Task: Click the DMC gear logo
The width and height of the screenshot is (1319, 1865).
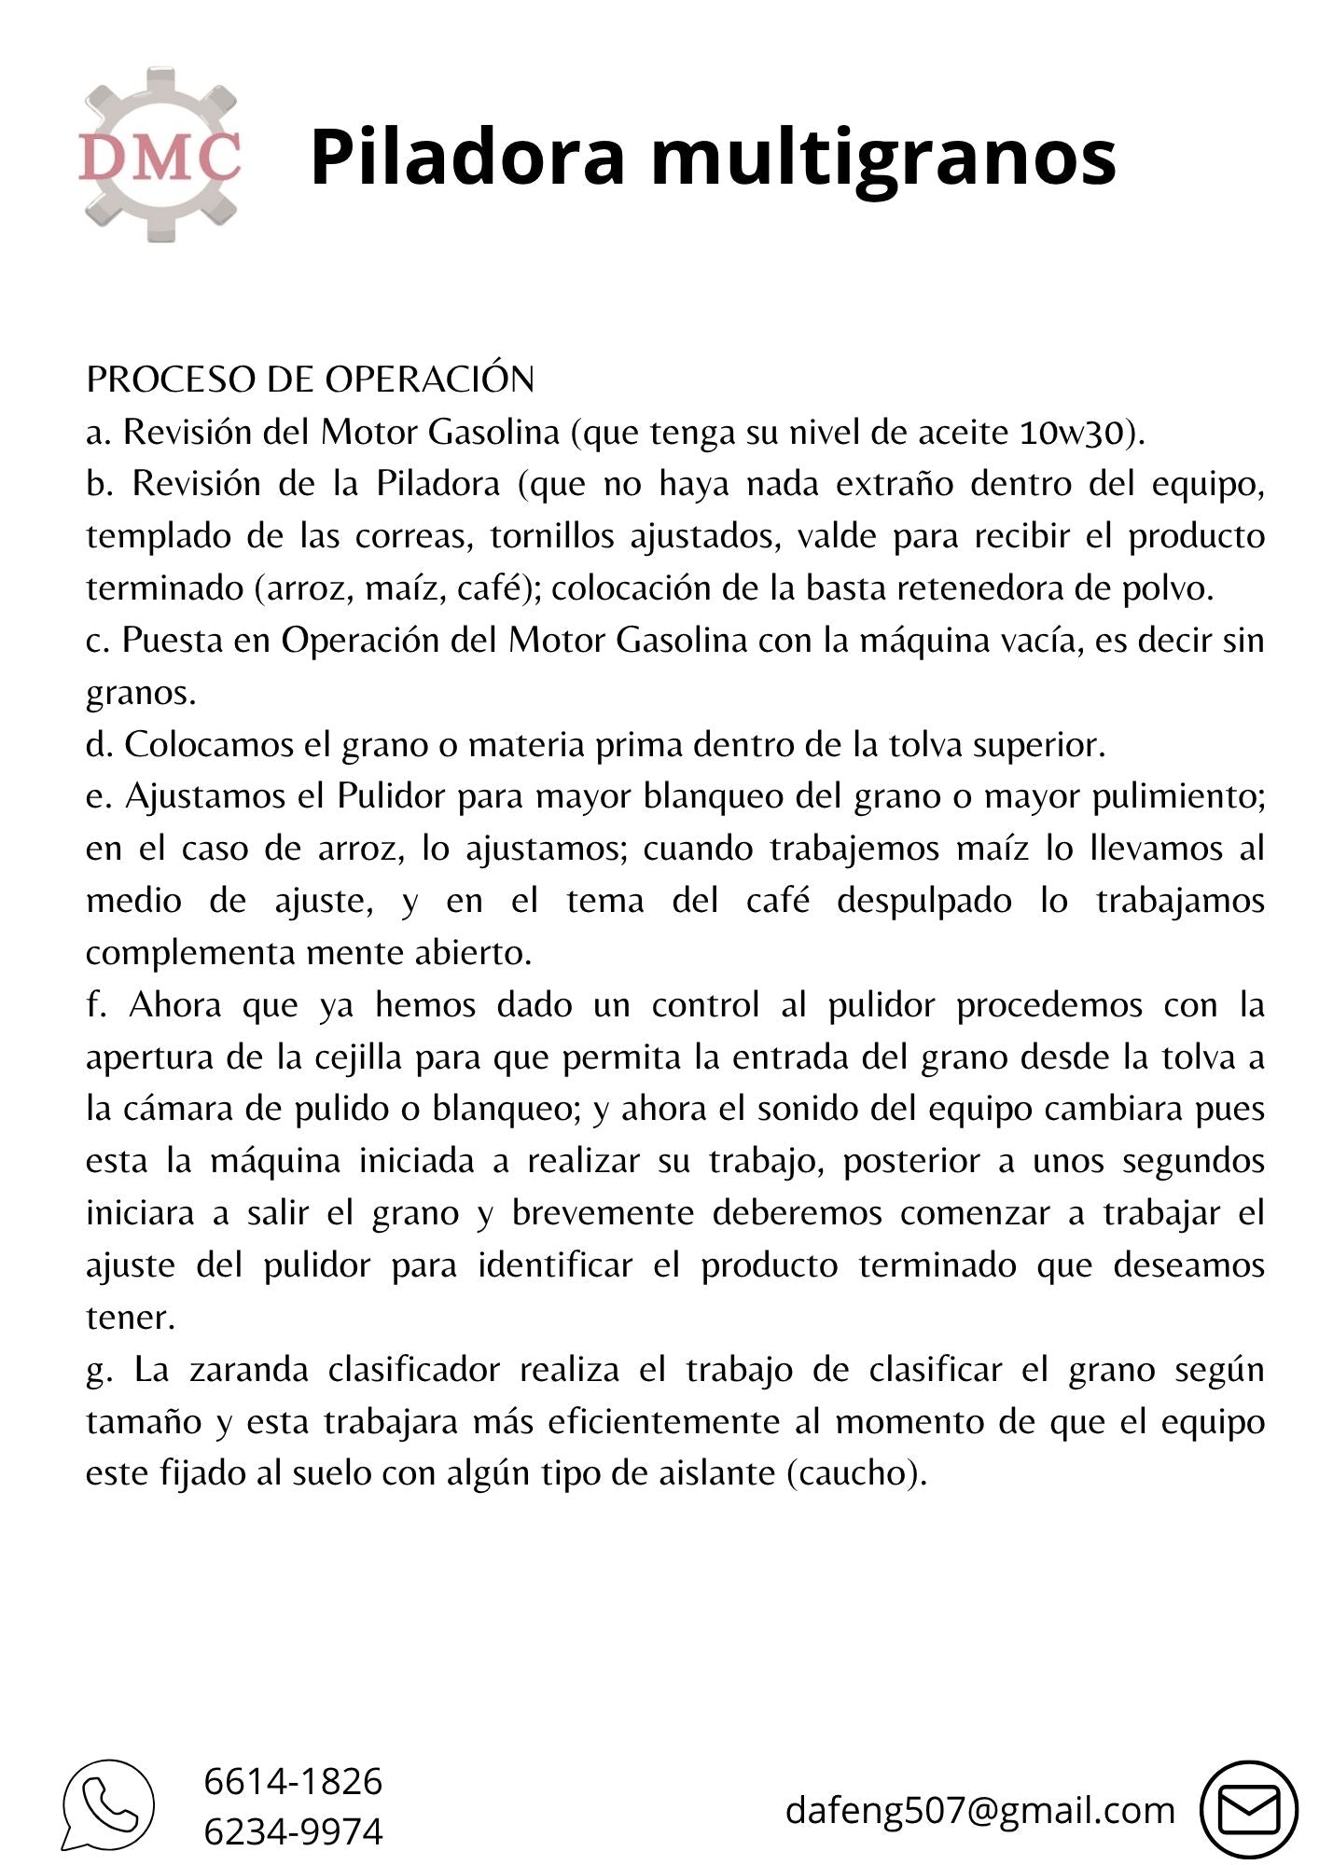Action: [160, 155]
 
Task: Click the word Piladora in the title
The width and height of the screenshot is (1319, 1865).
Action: [466, 156]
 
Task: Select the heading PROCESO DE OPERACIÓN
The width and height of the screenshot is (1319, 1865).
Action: [310, 379]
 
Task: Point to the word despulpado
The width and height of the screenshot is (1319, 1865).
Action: [923, 901]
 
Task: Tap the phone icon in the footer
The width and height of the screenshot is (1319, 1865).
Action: [109, 1805]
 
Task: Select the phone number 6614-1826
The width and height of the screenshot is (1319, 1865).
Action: [293, 1781]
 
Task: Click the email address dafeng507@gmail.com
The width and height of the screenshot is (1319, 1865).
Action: [979, 1810]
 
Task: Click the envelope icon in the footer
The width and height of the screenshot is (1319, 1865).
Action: [1248, 1810]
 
